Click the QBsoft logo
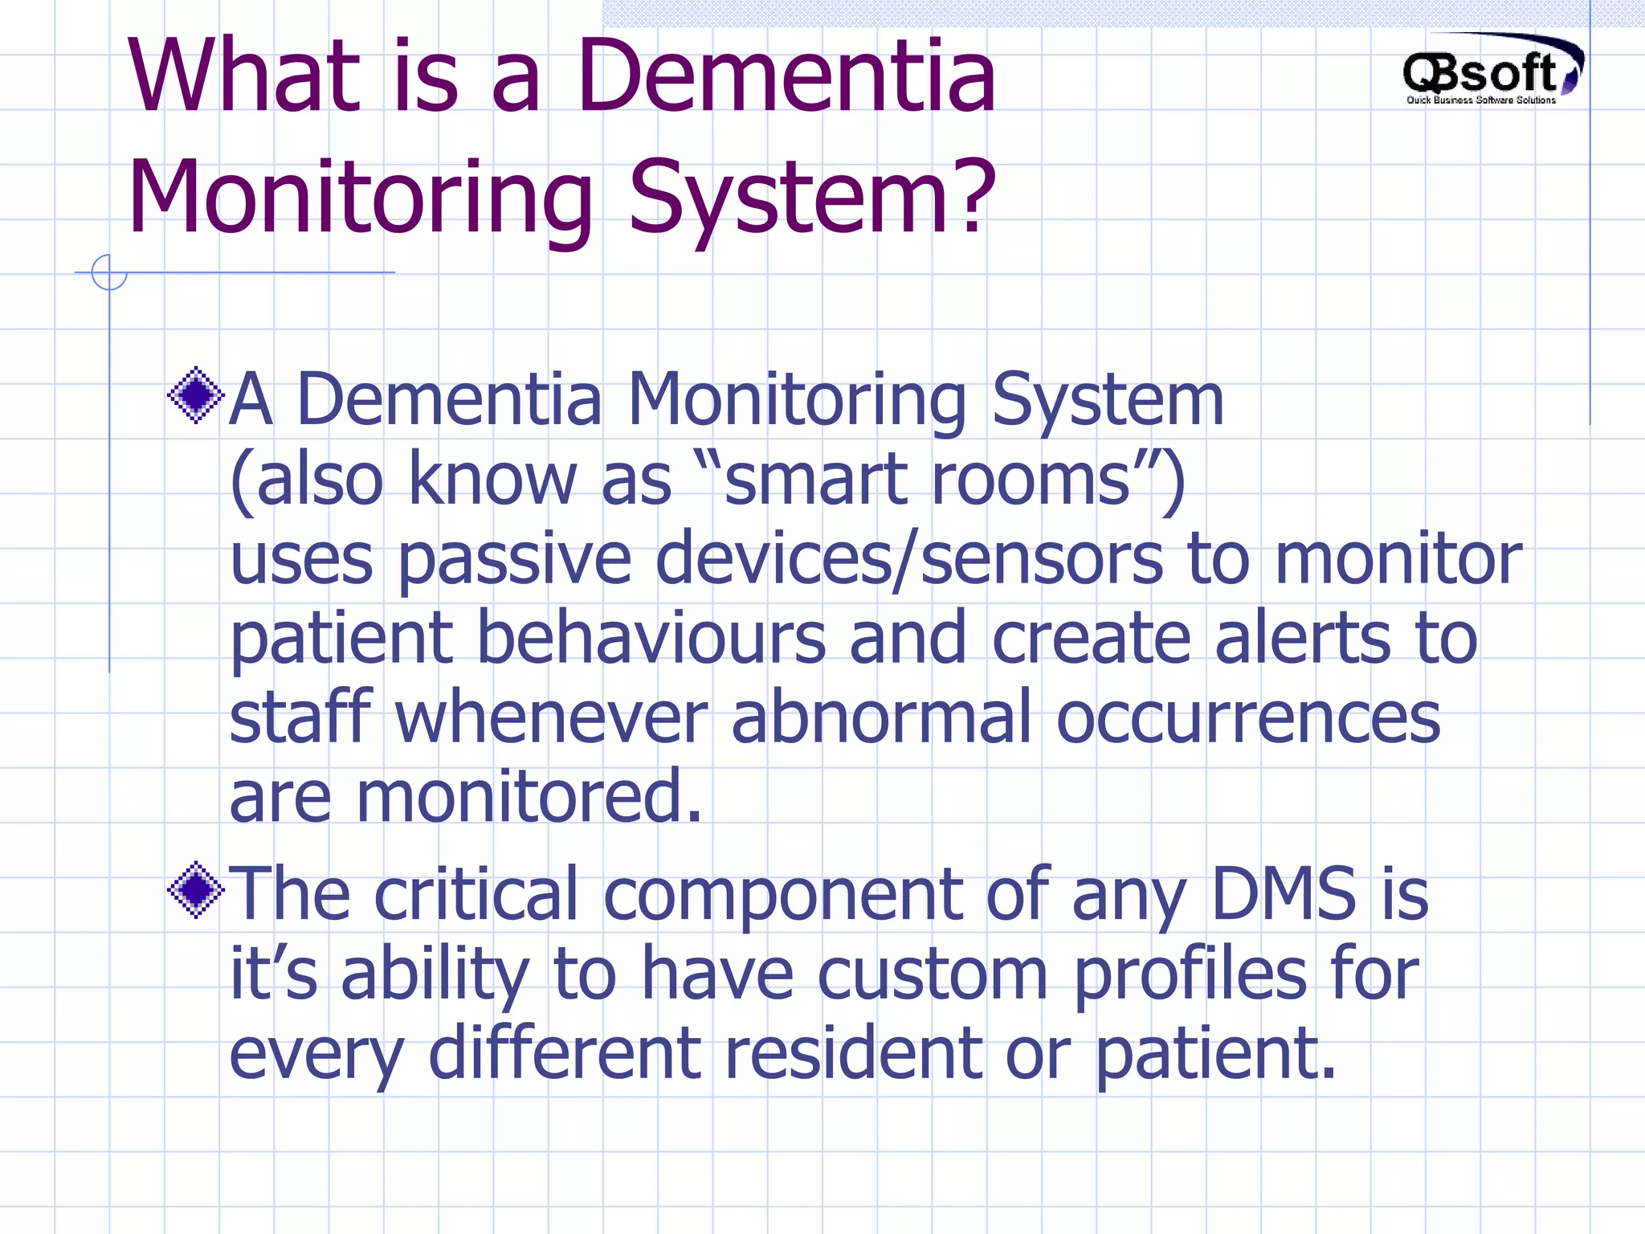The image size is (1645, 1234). [x=1491, y=70]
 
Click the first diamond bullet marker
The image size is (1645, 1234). [x=195, y=395]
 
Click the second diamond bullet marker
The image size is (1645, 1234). [x=195, y=889]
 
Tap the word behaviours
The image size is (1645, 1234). [x=651, y=638]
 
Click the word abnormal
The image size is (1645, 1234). [x=880, y=717]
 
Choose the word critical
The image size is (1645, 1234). [x=476, y=893]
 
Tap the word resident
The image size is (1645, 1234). [x=852, y=1052]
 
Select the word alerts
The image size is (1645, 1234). [x=1302, y=638]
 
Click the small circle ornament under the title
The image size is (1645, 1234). [x=109, y=272]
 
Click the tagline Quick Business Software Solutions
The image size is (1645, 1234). [x=1480, y=100]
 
